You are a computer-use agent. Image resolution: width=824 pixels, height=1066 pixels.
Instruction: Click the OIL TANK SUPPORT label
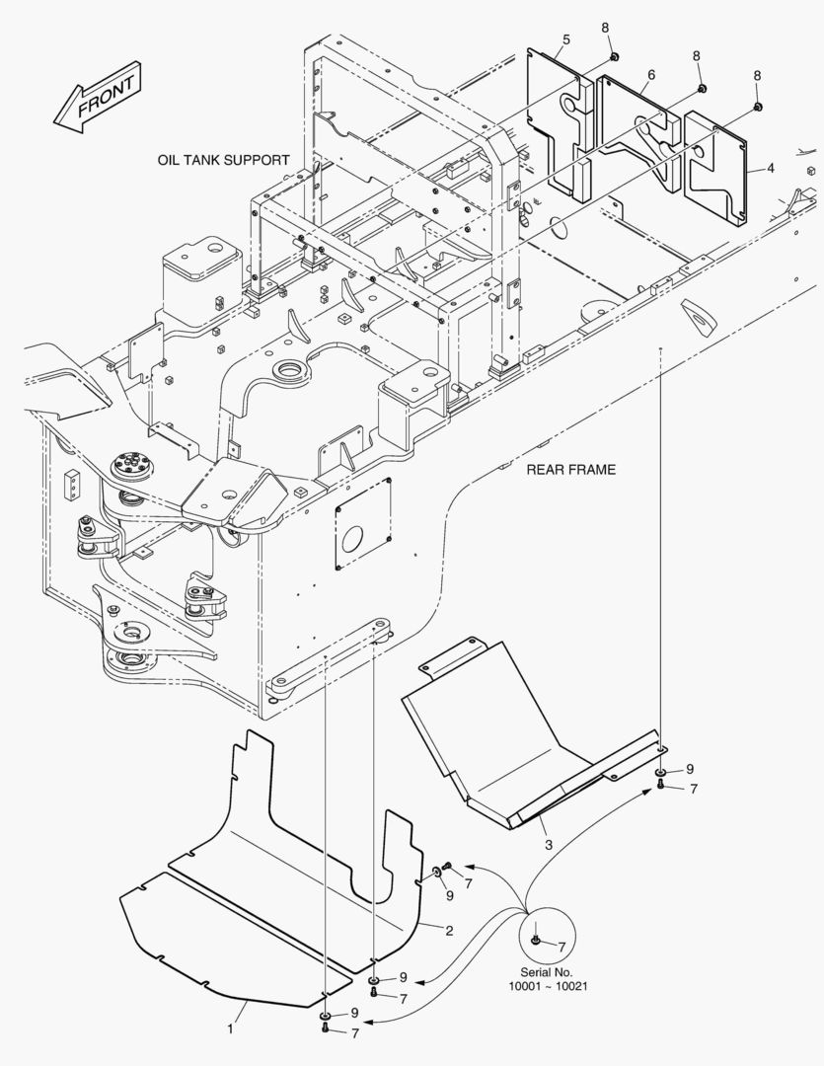click(223, 160)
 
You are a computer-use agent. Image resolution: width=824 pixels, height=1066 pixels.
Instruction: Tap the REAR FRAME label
click(570, 470)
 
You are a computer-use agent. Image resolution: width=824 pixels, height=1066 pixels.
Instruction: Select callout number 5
click(566, 40)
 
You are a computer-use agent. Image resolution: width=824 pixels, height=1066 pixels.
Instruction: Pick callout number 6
click(651, 75)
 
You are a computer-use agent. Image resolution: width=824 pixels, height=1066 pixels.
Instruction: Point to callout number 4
click(771, 168)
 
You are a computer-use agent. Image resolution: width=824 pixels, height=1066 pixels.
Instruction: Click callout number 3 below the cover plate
click(549, 845)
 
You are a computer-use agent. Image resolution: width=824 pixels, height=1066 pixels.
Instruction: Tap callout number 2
click(449, 931)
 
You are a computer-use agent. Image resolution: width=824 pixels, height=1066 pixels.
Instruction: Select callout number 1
click(230, 1028)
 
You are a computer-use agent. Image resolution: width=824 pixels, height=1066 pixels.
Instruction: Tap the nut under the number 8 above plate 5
click(613, 56)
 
